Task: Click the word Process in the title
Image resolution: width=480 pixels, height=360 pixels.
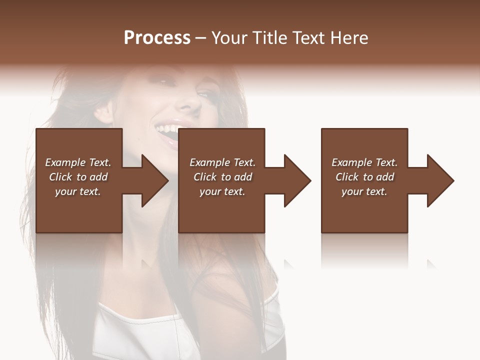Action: tap(157, 38)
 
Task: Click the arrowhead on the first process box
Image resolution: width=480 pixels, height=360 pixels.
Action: tap(152, 180)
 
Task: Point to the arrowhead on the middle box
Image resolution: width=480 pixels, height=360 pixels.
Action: tap(295, 180)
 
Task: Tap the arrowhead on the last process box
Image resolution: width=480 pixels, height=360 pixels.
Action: tap(438, 180)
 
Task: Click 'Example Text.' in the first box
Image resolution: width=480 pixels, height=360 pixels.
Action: tap(78, 162)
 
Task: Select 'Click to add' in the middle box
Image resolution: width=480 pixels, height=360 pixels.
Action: tap(222, 177)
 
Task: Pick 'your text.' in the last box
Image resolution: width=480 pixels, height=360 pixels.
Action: tap(364, 191)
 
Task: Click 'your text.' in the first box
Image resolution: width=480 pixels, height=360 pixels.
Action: tap(78, 191)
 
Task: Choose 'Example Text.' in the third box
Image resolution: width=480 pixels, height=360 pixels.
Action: tap(364, 162)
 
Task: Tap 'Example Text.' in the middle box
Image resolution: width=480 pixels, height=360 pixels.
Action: tap(222, 162)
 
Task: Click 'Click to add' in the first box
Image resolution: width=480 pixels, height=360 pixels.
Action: tap(78, 177)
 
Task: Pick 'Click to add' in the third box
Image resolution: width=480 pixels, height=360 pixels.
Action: tap(364, 177)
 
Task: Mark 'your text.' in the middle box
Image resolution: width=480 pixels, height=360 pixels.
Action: tap(222, 191)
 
